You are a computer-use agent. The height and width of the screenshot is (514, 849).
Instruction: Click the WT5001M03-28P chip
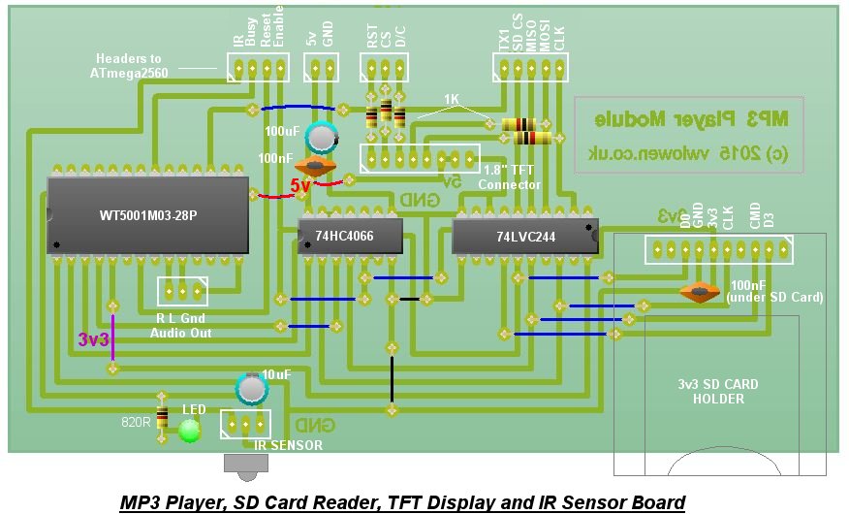(x=147, y=214)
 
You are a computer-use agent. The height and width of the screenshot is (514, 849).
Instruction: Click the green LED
(x=190, y=430)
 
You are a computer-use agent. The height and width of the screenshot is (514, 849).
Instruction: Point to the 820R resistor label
(x=135, y=423)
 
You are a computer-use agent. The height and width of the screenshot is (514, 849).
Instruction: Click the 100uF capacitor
(x=321, y=137)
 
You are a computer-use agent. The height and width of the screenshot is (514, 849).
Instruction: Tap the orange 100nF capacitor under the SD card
(x=699, y=291)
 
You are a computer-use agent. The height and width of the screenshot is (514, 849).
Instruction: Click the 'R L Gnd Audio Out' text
(x=181, y=325)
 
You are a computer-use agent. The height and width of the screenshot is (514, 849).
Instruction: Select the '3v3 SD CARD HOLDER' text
(x=718, y=391)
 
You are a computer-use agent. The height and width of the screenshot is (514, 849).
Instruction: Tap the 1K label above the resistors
(x=452, y=100)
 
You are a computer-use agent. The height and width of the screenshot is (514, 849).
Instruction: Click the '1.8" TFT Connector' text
(x=509, y=178)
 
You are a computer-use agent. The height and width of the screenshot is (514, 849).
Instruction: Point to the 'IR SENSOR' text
(x=288, y=445)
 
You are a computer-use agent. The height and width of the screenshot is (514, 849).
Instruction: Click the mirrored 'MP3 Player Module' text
(x=691, y=119)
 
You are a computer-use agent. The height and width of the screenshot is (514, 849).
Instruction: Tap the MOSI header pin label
(x=545, y=39)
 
